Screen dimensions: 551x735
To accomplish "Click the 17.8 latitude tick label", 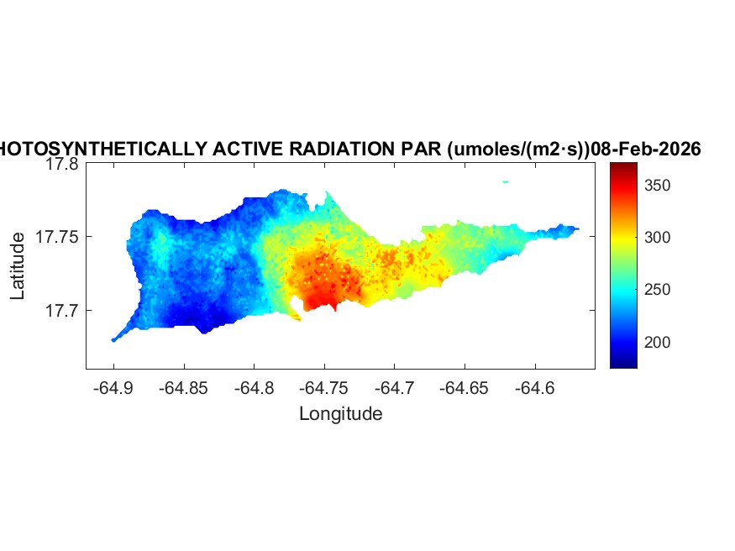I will click(x=62, y=165).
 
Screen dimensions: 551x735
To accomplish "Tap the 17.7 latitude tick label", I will click(x=62, y=310).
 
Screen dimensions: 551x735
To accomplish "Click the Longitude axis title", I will click(x=340, y=413).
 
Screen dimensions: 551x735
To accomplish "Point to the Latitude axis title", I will click(x=18, y=267).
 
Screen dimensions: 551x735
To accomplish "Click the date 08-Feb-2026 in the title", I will click(x=646, y=150).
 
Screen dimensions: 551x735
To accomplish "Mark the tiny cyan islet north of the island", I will click(x=506, y=181).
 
